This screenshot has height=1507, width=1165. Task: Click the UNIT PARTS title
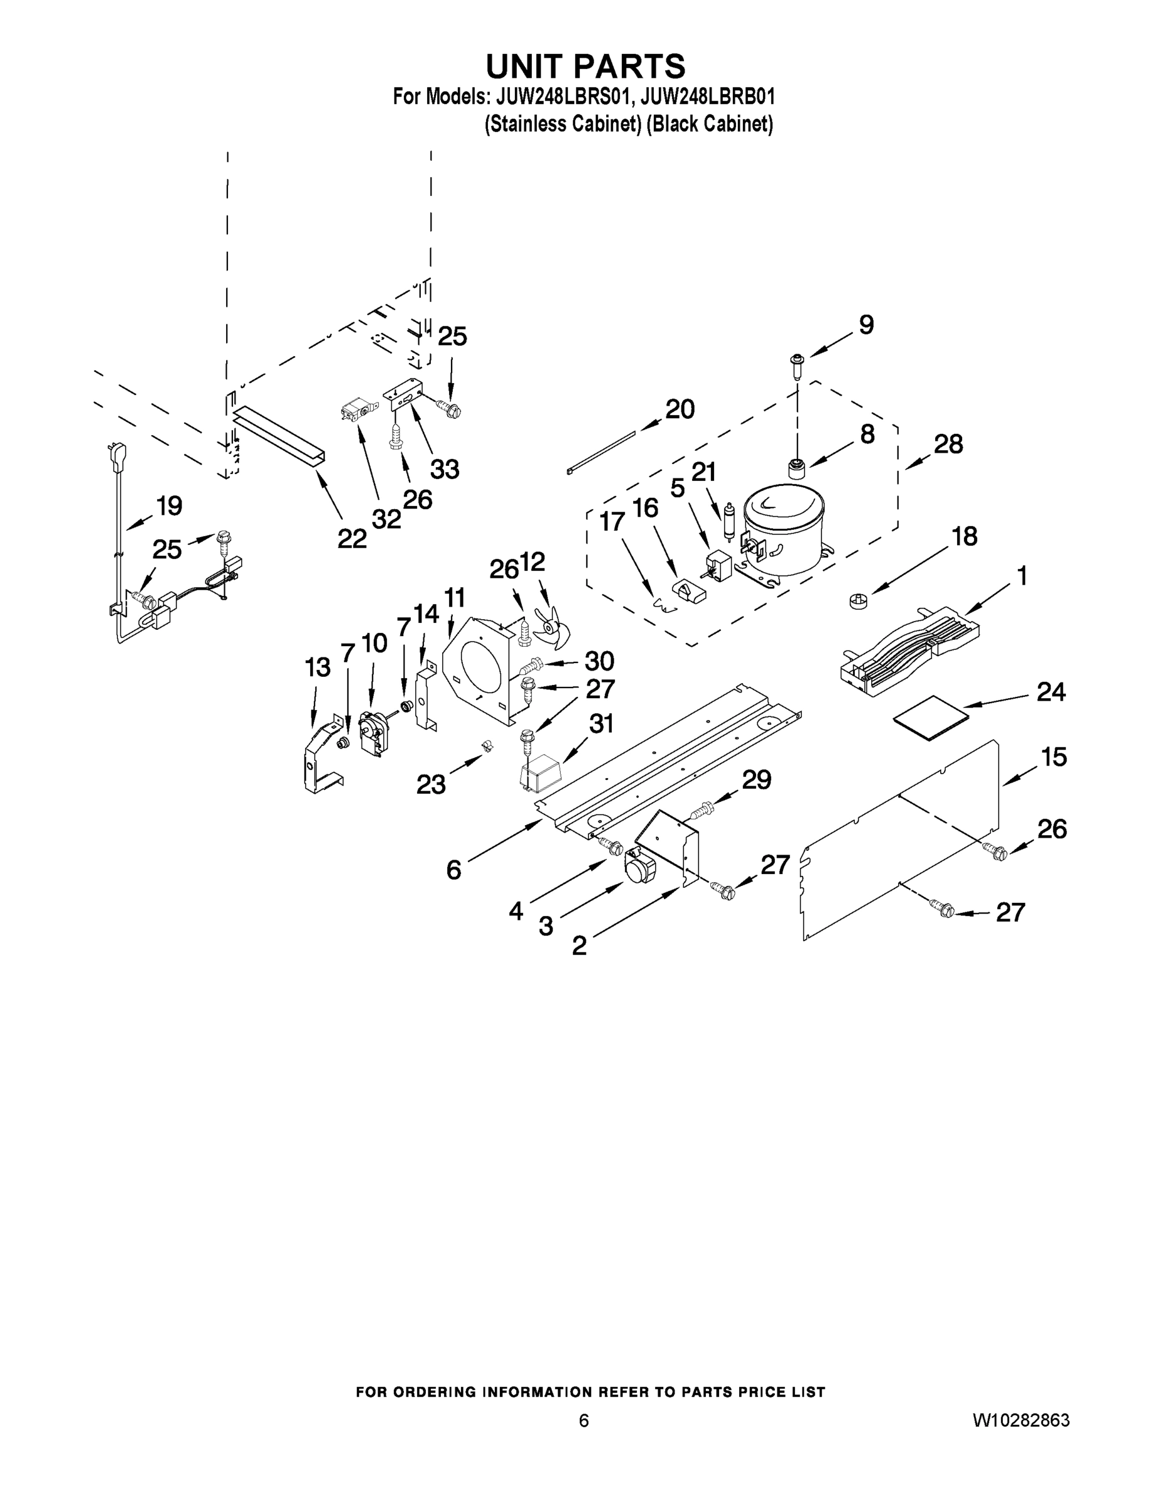click(x=585, y=66)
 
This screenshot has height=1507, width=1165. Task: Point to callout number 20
click(x=680, y=409)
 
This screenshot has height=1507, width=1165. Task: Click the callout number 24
click(x=1051, y=691)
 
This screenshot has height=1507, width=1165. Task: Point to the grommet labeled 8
click(x=798, y=468)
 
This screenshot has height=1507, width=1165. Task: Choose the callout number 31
click(x=601, y=723)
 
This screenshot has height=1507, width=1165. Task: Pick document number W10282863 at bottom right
click(x=1021, y=1420)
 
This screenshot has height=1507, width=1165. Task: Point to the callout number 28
click(x=948, y=444)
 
